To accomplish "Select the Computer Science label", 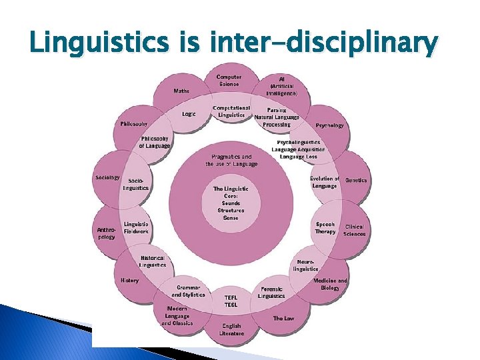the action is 229,80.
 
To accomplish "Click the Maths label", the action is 181,91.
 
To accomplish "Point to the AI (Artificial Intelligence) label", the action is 283,86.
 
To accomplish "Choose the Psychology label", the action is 330,125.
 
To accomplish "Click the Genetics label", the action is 356,180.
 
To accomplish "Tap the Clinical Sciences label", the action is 354,231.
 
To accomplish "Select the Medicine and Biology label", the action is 330,285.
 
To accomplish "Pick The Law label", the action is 283,319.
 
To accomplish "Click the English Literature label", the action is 231,329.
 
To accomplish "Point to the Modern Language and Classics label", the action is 177,316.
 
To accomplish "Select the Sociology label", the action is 107,177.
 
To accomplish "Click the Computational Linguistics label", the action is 231,111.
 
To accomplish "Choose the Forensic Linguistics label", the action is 271,292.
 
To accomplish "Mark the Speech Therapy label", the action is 325,228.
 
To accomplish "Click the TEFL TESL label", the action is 231,301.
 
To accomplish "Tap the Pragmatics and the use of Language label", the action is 231,160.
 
